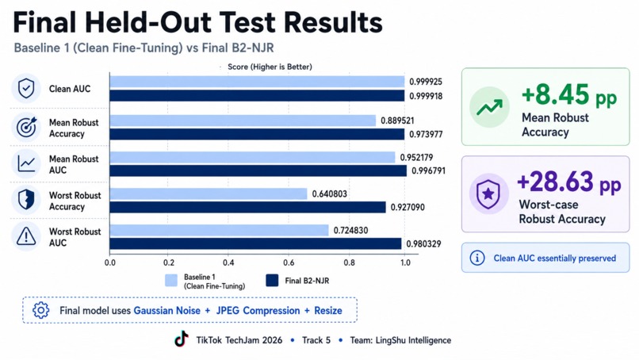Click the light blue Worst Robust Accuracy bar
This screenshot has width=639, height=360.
[x=209, y=193]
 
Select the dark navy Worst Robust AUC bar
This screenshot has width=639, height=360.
[x=255, y=243]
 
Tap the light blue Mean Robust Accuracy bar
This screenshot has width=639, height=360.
[x=243, y=121]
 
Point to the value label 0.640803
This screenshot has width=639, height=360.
[x=330, y=193]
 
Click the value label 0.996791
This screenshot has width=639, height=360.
[x=428, y=170]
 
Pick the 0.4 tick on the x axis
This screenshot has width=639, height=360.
[x=228, y=262]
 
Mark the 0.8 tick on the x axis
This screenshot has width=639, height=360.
[x=350, y=262]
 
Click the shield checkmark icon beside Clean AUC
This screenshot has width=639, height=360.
[x=26, y=88]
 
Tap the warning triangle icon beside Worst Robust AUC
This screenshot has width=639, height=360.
[x=26, y=236]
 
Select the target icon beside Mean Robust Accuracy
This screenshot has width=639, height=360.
[x=26, y=127]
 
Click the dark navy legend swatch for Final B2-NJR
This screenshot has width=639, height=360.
[x=272, y=281]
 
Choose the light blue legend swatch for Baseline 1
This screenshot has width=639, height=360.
[x=171, y=281]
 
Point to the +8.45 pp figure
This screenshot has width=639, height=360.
[x=569, y=95]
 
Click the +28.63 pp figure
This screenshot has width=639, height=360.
[x=569, y=182]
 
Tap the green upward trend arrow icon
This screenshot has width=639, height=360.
[x=489, y=107]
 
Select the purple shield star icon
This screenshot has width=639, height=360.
[x=488, y=194]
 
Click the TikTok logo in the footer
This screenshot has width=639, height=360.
[x=182, y=339]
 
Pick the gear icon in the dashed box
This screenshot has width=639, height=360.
[x=40, y=310]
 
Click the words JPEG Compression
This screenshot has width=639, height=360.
[x=258, y=311]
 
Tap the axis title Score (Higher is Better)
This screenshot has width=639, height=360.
[x=270, y=67]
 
